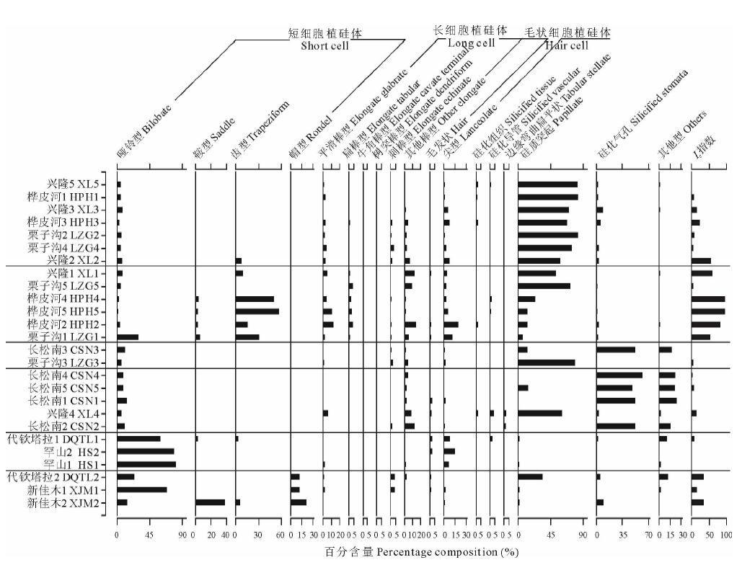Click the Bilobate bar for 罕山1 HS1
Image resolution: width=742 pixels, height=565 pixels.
tap(146, 464)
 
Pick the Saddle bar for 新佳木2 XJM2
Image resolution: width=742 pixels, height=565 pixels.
tap(211, 502)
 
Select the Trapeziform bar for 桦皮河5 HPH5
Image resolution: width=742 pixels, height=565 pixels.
tap(257, 311)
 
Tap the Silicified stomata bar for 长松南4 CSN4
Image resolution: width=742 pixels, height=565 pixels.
tap(619, 375)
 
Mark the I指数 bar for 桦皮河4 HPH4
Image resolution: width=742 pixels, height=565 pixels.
tap(708, 298)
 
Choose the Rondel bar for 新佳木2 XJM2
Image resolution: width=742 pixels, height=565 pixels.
tap(299, 502)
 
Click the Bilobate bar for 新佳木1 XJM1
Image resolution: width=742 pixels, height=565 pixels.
tap(142, 490)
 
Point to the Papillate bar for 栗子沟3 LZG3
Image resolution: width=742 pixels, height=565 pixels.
tap(547, 362)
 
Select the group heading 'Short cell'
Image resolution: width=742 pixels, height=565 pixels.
tap(324, 46)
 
